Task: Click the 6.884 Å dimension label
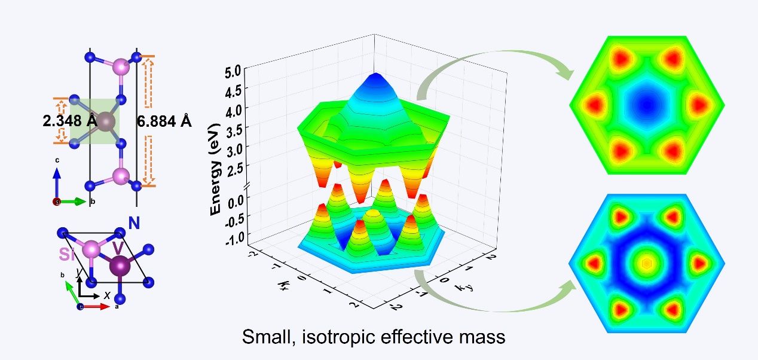(x=164, y=122)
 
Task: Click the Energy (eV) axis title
(x=216, y=170)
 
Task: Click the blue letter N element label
(x=134, y=224)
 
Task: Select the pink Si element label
(x=69, y=254)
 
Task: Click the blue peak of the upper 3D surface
(x=375, y=78)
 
